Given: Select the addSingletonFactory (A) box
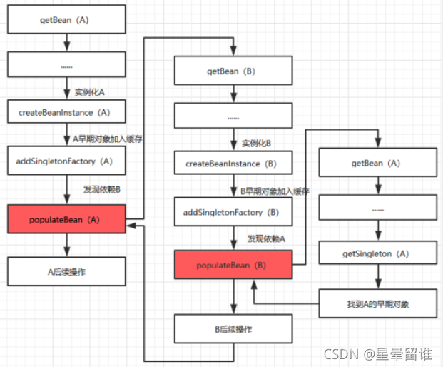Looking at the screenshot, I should pos(66,161).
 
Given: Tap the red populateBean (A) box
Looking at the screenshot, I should pos(66,218).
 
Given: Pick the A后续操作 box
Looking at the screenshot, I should pos(66,271).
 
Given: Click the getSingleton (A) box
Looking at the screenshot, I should pos(377,253).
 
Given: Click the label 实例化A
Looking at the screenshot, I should pos(90,91).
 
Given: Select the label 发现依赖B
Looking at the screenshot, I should pos(101,189).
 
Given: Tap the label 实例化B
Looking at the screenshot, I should pos(256,143).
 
